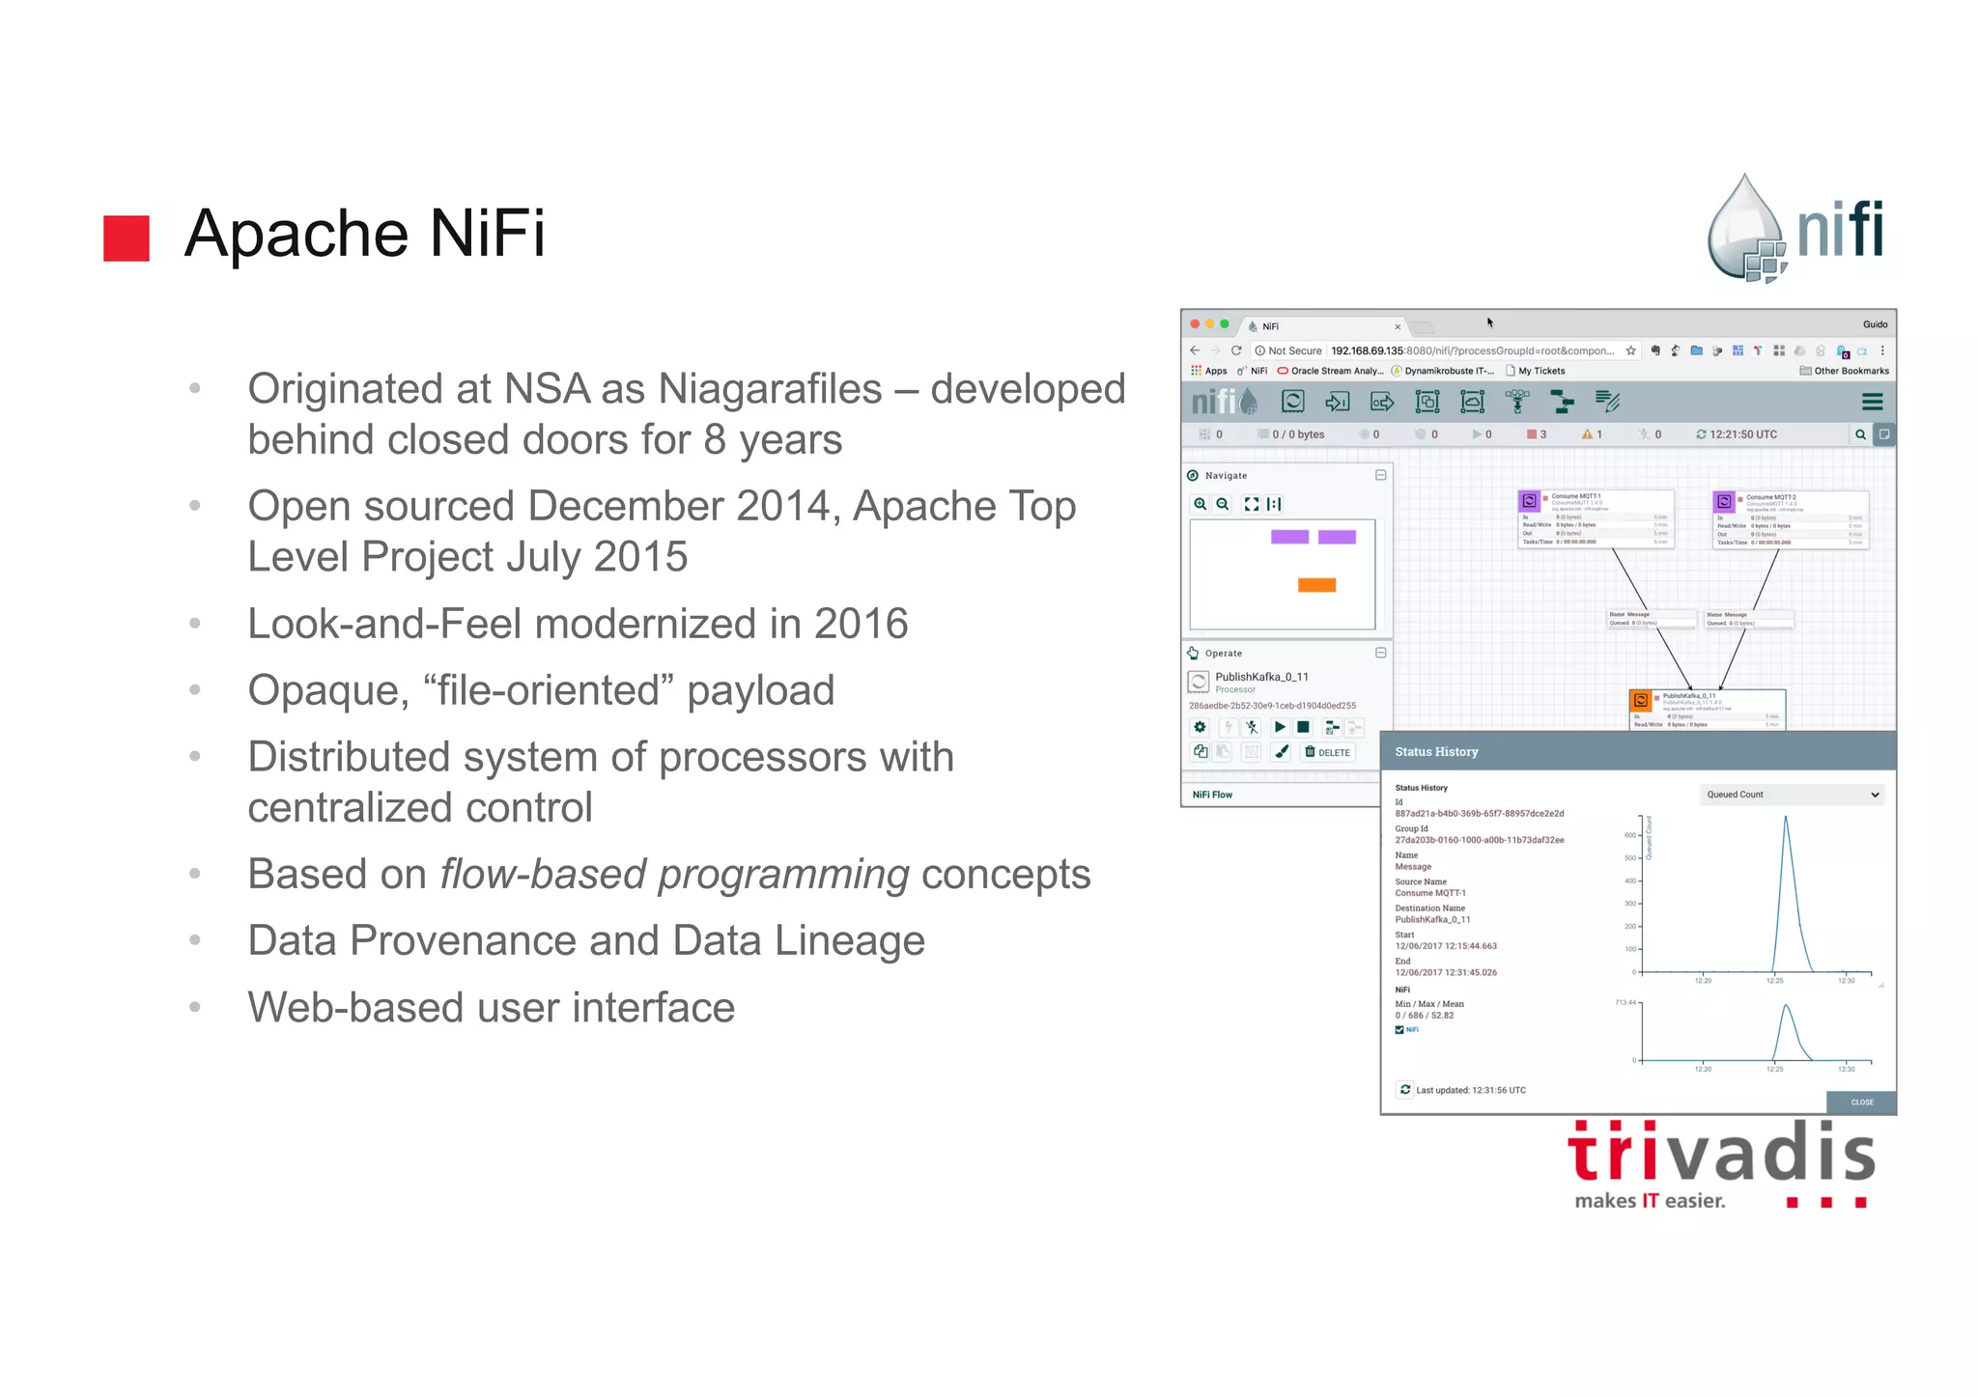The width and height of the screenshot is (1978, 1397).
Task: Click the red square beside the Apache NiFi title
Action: tap(127, 238)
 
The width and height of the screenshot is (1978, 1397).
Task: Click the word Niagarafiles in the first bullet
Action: tap(770, 389)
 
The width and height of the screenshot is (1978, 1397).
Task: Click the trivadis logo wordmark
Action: tap(1721, 1154)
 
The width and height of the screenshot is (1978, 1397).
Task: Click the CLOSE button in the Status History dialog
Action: tap(1861, 1102)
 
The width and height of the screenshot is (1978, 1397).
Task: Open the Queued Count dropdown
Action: tap(1792, 795)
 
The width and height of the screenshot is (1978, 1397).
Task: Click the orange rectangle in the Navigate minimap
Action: tap(1316, 585)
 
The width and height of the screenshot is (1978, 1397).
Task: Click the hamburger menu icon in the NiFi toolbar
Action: tap(1872, 402)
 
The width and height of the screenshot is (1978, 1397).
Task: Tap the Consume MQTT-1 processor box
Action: tap(1595, 519)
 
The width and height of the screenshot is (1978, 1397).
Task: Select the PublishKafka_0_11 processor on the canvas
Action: tap(1707, 709)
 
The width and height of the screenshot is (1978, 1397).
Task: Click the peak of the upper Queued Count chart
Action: tap(1785, 819)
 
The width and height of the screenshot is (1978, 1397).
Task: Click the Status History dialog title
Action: tap(1436, 752)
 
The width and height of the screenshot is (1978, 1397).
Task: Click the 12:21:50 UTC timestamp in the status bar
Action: tap(1742, 434)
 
